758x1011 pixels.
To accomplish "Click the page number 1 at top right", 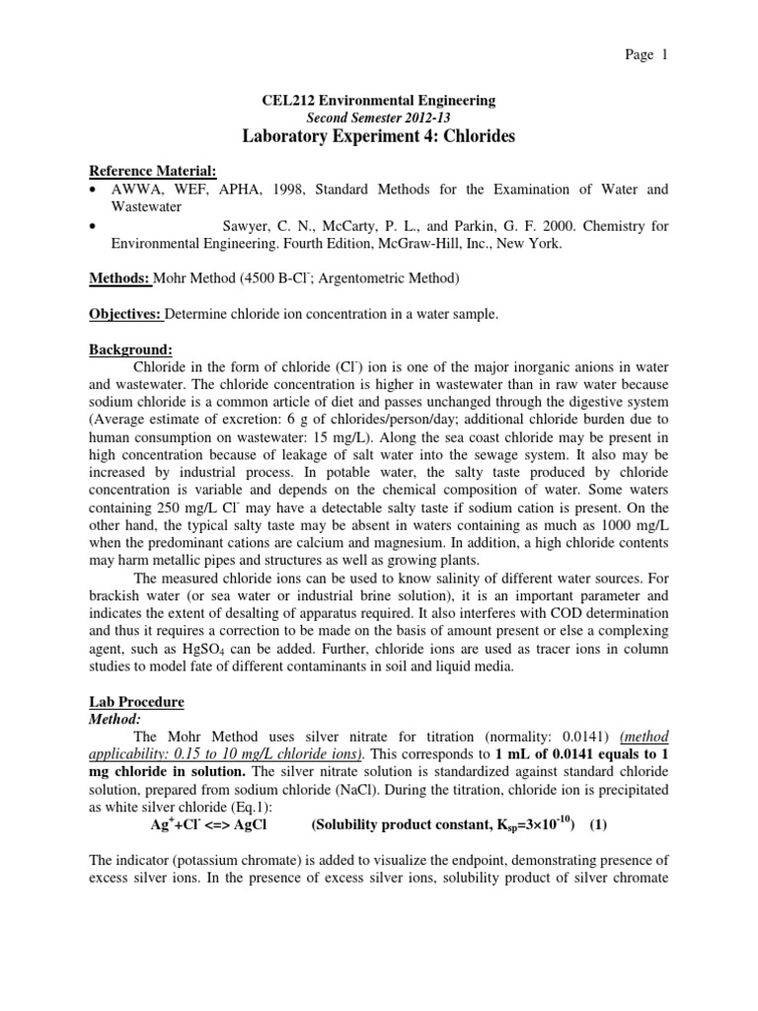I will (665, 55).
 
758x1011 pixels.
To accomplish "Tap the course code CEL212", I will (287, 100).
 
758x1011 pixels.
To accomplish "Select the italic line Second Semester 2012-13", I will (378, 117).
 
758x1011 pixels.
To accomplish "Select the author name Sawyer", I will (248, 226).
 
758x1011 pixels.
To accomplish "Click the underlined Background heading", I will (131, 350).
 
